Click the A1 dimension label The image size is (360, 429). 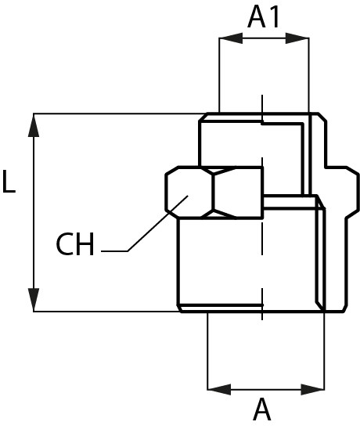coord(264,17)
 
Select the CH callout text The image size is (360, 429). coord(75,243)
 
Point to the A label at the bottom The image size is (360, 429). coord(262,409)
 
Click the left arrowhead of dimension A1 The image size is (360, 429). coord(231,38)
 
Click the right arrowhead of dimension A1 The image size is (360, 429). coord(297,38)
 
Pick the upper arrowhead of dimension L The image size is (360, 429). coord(34,125)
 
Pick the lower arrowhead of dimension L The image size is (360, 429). coord(34,300)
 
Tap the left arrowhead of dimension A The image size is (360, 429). coord(219,389)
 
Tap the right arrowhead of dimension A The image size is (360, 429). coord(313,389)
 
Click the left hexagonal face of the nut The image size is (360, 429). coord(189,192)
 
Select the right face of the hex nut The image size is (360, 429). coord(238,192)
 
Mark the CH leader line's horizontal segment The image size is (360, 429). coord(114,251)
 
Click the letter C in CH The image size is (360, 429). coord(64,243)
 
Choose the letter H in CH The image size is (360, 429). coord(85,243)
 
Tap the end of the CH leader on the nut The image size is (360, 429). coord(188,196)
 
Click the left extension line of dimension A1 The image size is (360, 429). coord(219,75)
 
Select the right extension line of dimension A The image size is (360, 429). coord(325,351)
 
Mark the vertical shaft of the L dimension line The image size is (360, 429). coord(34,213)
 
